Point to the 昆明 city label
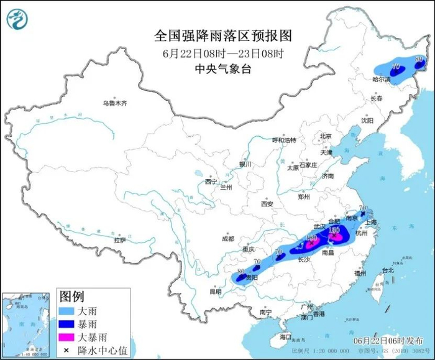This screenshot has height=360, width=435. pos(215,291)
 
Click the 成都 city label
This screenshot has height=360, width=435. pos(227,238)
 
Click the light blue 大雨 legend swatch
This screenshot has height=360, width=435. pos(67,309)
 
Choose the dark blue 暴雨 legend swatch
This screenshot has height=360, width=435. pos(67,323)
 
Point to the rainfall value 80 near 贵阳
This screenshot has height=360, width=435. pos(240,271)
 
